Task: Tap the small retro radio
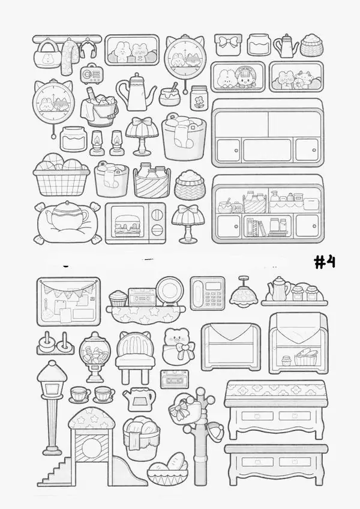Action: [90, 74]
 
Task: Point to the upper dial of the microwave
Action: [157, 214]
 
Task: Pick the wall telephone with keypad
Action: [208, 293]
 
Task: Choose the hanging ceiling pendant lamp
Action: [244, 291]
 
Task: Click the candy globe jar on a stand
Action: [95, 357]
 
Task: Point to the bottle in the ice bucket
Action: [92, 94]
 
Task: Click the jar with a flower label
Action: [199, 98]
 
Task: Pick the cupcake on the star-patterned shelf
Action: [118, 298]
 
